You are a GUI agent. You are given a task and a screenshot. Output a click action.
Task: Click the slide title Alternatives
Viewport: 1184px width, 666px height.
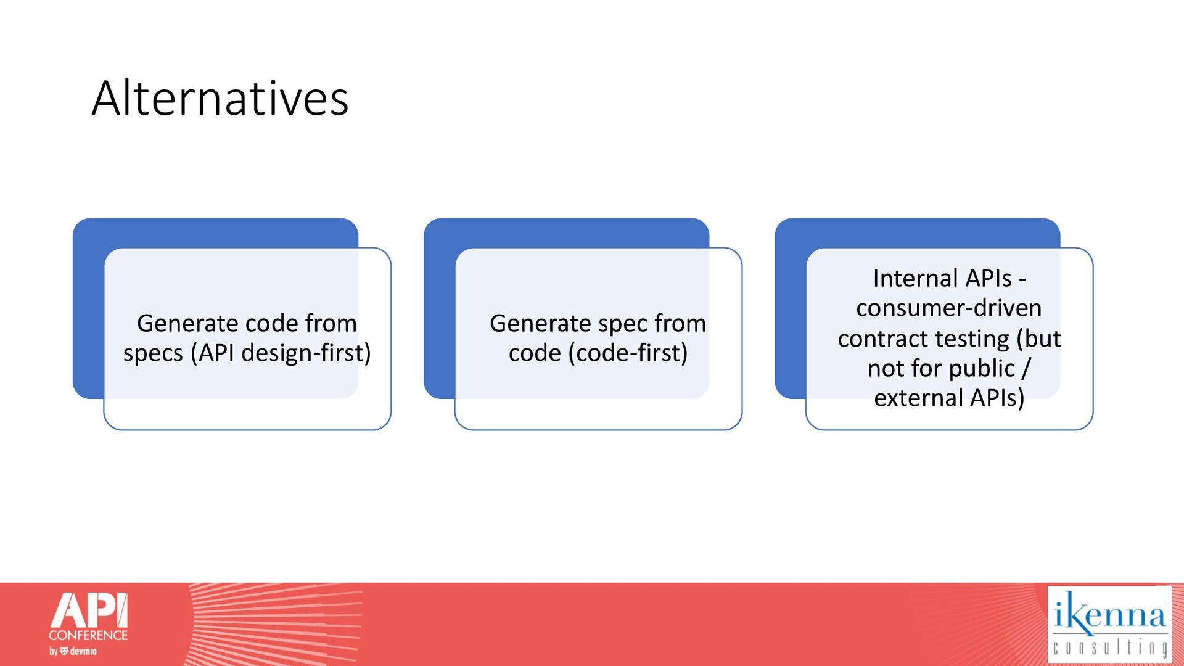point(220,98)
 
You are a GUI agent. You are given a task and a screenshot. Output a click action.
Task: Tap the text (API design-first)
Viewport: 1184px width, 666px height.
point(281,353)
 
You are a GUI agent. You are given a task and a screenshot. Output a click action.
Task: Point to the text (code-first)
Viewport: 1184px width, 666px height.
point(628,353)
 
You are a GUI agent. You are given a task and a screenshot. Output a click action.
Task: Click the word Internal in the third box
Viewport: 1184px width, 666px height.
point(911,278)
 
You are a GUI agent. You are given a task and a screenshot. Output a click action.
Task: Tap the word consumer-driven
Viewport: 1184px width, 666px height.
point(949,308)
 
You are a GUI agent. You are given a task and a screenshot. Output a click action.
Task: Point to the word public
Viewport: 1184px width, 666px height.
point(982,369)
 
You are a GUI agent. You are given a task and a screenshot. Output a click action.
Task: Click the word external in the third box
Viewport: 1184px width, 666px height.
point(919,398)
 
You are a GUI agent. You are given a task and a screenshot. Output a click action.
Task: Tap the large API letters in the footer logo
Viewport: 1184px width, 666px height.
point(89,610)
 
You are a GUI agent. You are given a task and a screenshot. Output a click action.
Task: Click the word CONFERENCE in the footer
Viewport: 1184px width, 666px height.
point(88,635)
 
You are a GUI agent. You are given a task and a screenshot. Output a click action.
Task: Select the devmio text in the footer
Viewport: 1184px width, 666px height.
point(83,651)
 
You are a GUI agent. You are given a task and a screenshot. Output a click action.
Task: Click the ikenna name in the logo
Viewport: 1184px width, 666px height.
point(1110,614)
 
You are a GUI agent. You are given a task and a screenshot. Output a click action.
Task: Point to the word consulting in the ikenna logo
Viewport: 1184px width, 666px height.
point(1110,648)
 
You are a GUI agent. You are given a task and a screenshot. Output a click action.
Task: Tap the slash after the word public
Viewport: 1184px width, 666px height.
point(1026,369)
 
